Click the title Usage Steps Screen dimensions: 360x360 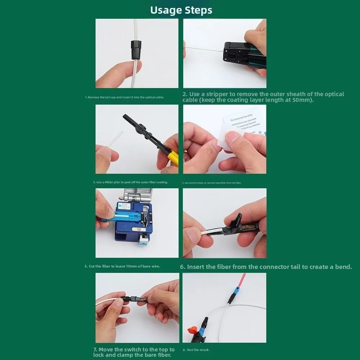[x=181, y=10]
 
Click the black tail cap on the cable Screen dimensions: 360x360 [x=136, y=50]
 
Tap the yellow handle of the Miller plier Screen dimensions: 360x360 [x=173, y=158]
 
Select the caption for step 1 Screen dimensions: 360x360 [x=125, y=97]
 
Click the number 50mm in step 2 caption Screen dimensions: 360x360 [x=302, y=100]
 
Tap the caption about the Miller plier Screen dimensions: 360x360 [x=130, y=182]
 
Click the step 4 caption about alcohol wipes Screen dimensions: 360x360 [x=211, y=183]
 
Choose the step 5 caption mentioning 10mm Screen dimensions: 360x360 [x=122, y=266]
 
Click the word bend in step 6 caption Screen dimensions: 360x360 [x=343, y=267]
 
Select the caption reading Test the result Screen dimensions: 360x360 [x=196, y=350]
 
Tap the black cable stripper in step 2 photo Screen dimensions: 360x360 [x=241, y=54]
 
